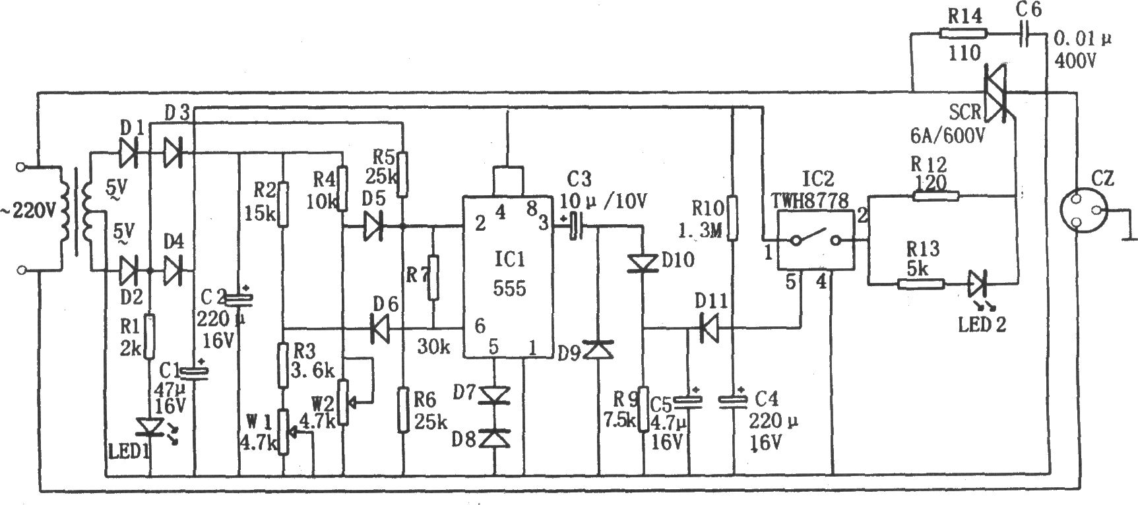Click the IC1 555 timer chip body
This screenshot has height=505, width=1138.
[x=507, y=278]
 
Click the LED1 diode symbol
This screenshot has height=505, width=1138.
[x=152, y=427]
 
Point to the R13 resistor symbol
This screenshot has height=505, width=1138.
[x=921, y=284]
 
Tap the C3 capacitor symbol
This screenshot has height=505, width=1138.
[x=577, y=226]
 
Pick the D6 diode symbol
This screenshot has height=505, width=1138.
[x=379, y=328]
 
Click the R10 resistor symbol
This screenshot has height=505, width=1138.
[x=732, y=218]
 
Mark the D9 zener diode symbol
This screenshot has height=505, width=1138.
[x=600, y=349]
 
